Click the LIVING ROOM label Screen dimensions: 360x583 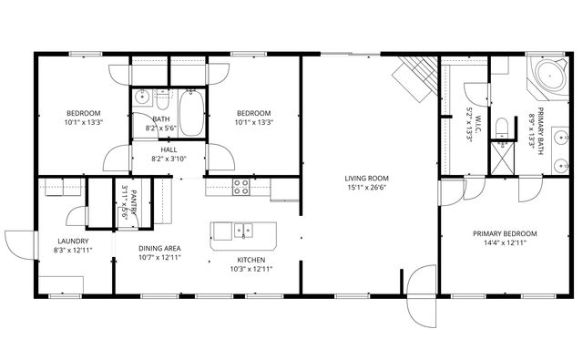(x=367, y=178)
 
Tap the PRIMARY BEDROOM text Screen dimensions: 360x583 (x=504, y=233)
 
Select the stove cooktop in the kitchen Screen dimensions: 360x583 (x=242, y=187)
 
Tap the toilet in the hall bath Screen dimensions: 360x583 (x=161, y=95)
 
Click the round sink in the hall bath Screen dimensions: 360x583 (x=141, y=97)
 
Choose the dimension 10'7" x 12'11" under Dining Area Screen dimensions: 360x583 (x=159, y=258)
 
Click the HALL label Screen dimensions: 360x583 (x=169, y=149)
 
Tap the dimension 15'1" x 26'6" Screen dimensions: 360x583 (x=367, y=189)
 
